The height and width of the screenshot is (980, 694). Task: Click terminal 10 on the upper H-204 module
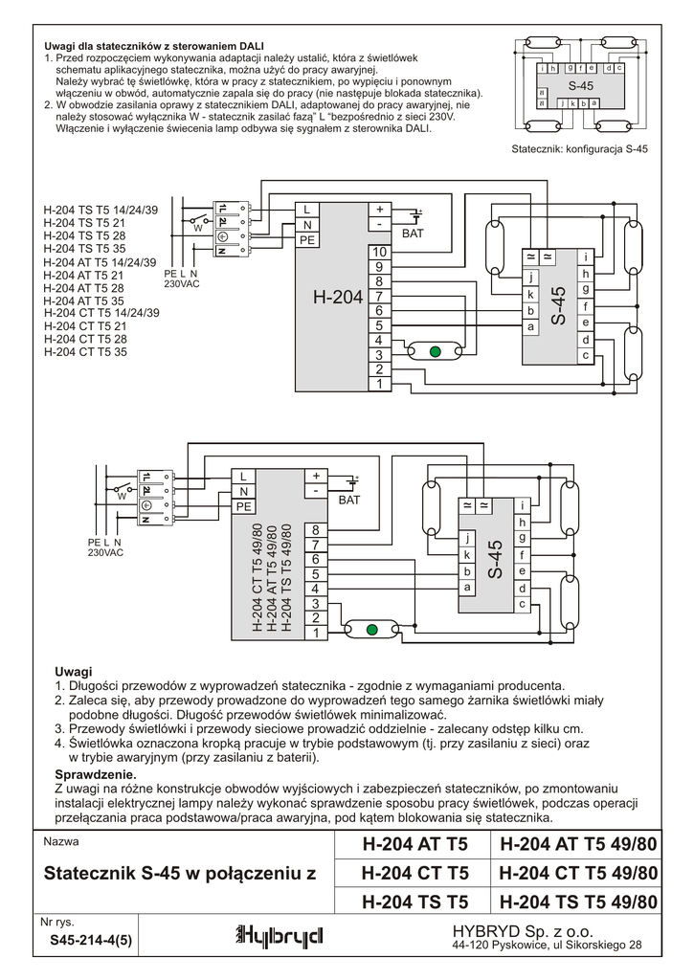379,252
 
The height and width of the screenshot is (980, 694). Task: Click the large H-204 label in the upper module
337,299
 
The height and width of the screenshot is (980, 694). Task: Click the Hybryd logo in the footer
279,935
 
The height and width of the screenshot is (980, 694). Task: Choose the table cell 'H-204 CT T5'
414,874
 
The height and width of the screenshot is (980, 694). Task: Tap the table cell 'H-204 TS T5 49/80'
578,902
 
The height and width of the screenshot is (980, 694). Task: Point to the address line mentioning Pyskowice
547,946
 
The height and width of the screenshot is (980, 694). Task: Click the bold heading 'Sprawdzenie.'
97,772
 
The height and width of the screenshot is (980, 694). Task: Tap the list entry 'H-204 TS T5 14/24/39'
101,210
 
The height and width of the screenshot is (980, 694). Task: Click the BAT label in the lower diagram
350,500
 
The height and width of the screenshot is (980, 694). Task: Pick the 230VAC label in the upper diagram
182,284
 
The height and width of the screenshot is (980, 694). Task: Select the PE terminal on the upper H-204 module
306,240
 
